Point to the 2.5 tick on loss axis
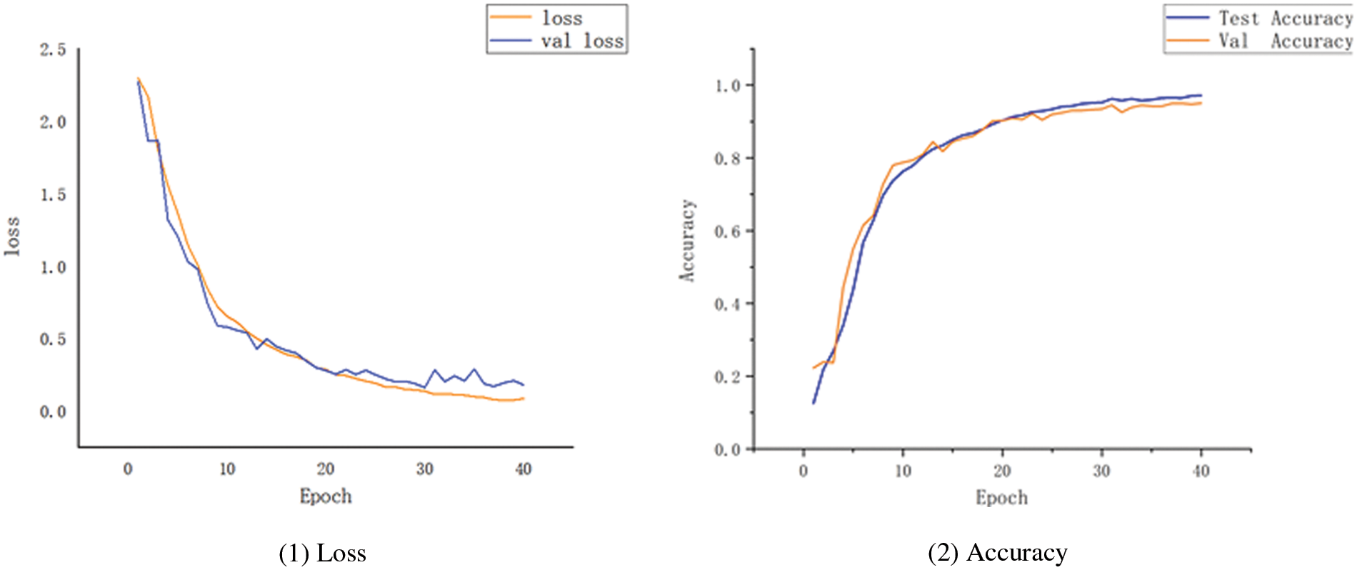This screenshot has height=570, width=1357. (53, 50)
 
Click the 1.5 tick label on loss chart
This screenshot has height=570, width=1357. (53, 195)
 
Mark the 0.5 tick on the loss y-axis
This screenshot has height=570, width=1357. (53, 339)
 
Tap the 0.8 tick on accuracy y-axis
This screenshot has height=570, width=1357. (728, 159)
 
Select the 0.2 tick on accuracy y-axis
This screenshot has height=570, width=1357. (728, 377)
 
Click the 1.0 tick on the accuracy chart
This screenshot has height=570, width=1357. (728, 86)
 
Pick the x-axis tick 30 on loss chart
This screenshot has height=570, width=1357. (425, 469)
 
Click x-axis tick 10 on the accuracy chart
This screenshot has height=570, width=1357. (903, 471)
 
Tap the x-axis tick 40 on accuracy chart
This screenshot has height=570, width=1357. (1201, 471)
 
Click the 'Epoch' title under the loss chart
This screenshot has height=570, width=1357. (326, 496)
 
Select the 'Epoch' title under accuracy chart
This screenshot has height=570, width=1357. (1001, 498)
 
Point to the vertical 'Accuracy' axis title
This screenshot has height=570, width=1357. (686, 241)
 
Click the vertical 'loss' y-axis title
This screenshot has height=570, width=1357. (12, 236)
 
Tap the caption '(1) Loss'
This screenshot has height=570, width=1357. (322, 553)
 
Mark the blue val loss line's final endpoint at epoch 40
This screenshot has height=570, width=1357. (523, 385)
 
